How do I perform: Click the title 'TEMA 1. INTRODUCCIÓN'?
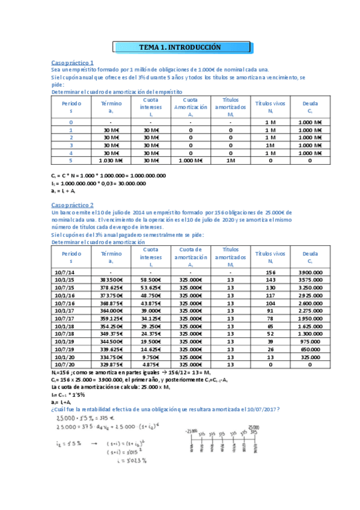pyautogui.click(x=180, y=47)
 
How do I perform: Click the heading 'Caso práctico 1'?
pyautogui.click(x=73, y=63)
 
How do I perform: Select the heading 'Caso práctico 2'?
pyautogui.click(x=73, y=205)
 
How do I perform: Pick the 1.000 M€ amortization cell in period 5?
pyautogui.click(x=191, y=161)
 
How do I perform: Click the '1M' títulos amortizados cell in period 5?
pyautogui.click(x=230, y=161)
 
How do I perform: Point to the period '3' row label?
pyautogui.click(x=71, y=145)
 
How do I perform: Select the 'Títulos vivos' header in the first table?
pyautogui.click(x=270, y=104)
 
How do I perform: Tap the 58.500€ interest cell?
pyautogui.click(x=151, y=280)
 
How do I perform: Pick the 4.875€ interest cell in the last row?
pyautogui.click(x=151, y=364)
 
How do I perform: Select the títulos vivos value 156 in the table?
pyautogui.click(x=270, y=272)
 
